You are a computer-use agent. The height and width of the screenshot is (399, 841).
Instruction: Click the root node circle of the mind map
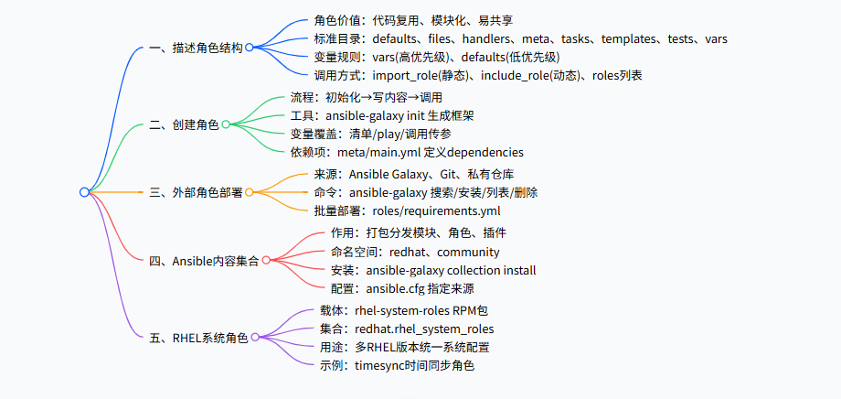pos(84,192)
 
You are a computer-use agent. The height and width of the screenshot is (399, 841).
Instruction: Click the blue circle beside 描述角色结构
pos(249,48)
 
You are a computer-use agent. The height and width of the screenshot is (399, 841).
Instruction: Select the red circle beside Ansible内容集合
pos(266,261)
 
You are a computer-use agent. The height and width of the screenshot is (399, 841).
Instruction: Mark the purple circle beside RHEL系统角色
pos(255,338)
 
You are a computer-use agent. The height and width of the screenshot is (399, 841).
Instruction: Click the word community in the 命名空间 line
pos(466,252)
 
